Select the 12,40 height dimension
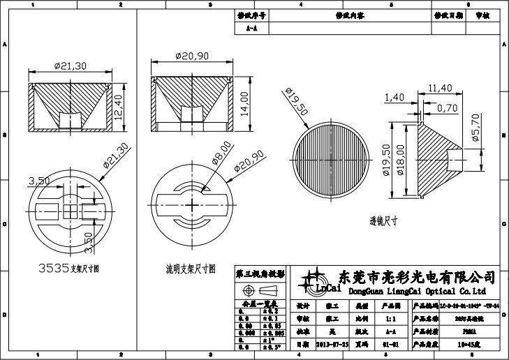pos(119,106)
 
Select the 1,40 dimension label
pos(394,97)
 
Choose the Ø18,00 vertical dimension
pos(399,160)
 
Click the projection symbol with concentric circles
pos(248,290)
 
